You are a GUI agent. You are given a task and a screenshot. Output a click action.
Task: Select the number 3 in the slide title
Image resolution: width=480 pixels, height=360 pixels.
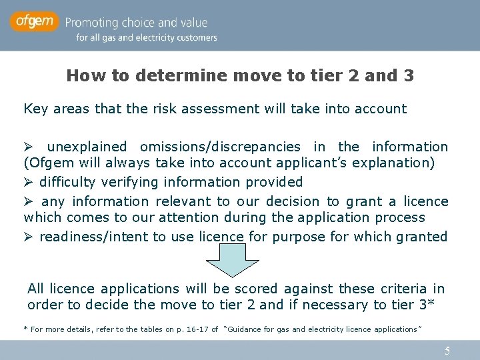click(x=408, y=76)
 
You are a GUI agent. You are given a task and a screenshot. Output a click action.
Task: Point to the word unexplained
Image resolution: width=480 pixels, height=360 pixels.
click(x=87, y=147)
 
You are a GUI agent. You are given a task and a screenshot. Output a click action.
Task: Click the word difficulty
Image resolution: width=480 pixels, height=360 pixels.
click(x=69, y=182)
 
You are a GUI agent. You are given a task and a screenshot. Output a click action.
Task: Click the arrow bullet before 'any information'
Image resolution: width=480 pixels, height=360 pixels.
click(x=29, y=201)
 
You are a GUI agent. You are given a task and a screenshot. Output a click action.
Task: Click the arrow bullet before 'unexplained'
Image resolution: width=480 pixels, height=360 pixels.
click(x=29, y=147)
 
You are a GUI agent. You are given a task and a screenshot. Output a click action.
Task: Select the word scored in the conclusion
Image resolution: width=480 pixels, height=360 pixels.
click(x=256, y=289)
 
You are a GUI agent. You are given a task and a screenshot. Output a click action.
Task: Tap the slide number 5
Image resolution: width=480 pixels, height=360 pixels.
click(x=447, y=351)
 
